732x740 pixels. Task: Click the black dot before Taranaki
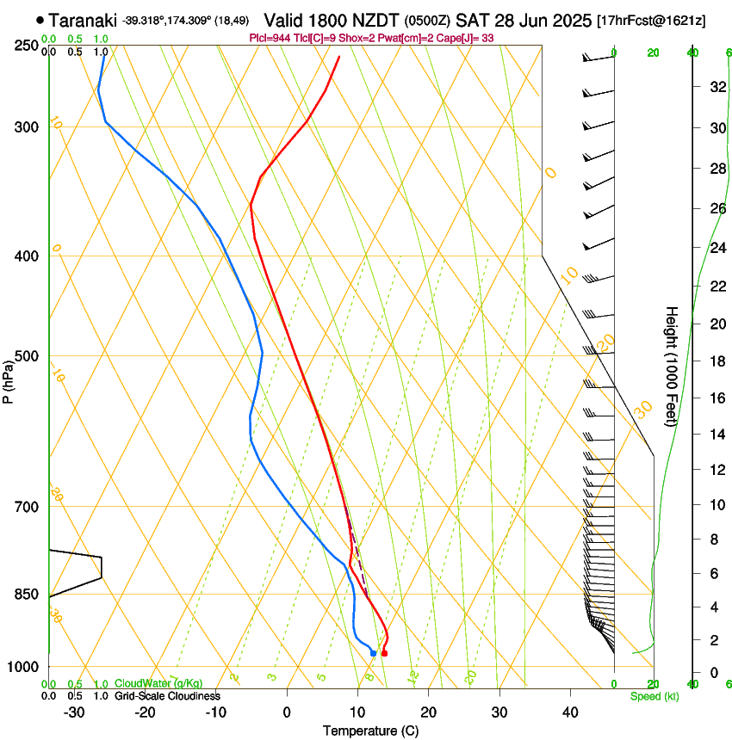tap(40, 20)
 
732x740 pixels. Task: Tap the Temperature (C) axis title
tap(370, 731)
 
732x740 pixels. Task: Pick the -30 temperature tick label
tap(74, 712)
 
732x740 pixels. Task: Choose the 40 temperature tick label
tap(569, 712)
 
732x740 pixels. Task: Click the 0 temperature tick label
tap(287, 712)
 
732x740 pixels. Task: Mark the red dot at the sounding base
tap(384, 654)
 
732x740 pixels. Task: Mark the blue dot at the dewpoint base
tap(373, 653)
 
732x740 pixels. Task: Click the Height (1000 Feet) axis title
tap(672, 366)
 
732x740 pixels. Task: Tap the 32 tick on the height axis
tap(716, 87)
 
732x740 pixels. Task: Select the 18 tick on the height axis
tap(716, 361)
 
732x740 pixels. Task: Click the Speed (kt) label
tap(654, 696)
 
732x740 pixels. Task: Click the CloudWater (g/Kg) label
tap(158, 684)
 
